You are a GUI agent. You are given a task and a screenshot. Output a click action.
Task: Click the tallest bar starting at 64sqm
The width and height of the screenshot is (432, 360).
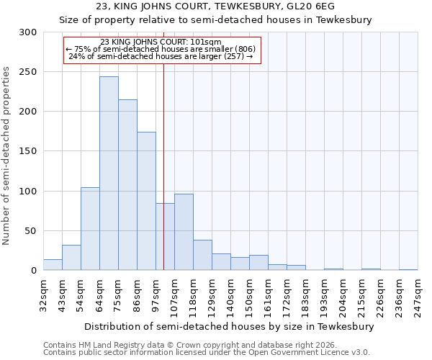(x=109, y=174)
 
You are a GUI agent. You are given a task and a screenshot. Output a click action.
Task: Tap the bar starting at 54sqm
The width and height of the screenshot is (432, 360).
(x=90, y=229)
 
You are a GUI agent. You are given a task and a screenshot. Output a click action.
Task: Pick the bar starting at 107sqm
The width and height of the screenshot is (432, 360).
(x=184, y=233)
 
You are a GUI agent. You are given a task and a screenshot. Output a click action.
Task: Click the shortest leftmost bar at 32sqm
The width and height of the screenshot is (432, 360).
(x=53, y=265)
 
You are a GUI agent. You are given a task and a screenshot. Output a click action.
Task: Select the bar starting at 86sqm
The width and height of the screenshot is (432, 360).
(x=146, y=201)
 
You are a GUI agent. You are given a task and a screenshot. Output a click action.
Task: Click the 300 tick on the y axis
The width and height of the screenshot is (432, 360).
(x=28, y=32)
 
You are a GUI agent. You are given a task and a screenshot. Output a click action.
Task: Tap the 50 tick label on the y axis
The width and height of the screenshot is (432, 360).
(x=31, y=231)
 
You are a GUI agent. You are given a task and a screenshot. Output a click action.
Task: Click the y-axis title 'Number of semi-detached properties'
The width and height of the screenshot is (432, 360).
(x=7, y=152)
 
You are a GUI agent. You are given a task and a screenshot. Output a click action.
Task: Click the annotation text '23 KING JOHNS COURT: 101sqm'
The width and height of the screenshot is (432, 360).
(x=161, y=42)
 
